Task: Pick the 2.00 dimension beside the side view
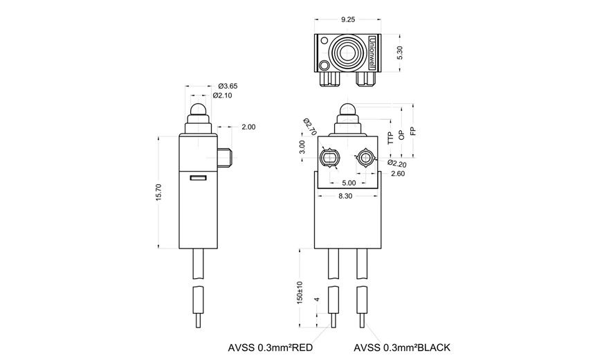(x=248, y=127)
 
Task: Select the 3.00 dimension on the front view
(x=302, y=148)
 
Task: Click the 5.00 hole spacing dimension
(x=348, y=183)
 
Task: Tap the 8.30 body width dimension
(x=347, y=197)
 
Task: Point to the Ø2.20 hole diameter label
(x=396, y=163)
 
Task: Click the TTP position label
(x=390, y=136)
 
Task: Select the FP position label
(x=412, y=132)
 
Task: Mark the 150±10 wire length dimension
(x=300, y=292)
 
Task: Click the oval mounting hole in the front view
(x=330, y=159)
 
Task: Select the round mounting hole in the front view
(x=365, y=158)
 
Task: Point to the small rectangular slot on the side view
(x=198, y=179)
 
